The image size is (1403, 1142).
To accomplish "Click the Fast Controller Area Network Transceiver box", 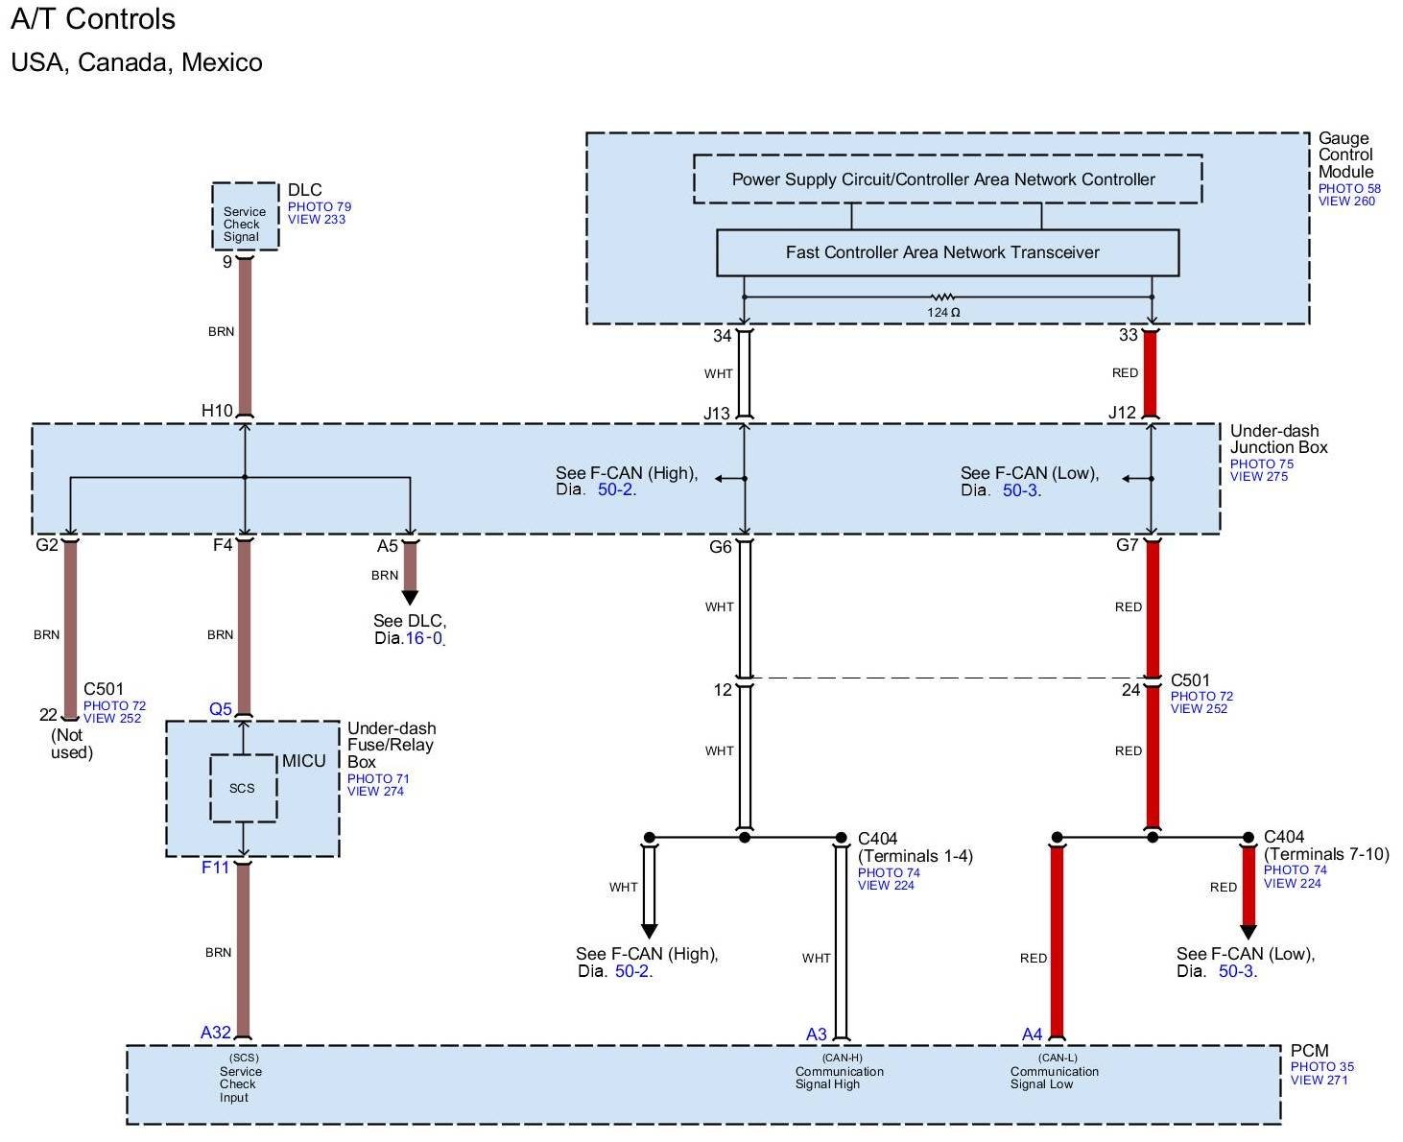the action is [x=946, y=252].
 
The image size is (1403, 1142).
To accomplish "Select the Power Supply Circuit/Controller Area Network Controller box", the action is [x=946, y=179].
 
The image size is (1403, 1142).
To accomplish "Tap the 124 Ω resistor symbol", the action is [x=942, y=297].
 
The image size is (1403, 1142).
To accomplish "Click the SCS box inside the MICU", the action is [x=243, y=788].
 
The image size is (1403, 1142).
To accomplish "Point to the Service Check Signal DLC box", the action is [x=245, y=217].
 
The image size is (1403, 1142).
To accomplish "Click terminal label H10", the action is [x=217, y=411].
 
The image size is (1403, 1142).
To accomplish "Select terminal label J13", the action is [x=717, y=414].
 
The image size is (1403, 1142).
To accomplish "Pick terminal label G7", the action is [x=1127, y=545].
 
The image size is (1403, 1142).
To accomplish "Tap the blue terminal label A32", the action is [x=215, y=1033].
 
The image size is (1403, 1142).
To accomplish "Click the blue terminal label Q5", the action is [x=220, y=709].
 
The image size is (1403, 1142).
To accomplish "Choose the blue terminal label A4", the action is [x=1032, y=1035].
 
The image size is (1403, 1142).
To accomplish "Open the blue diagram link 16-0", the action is [x=423, y=638].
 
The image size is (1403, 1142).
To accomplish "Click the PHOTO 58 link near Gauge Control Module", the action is [x=1349, y=188].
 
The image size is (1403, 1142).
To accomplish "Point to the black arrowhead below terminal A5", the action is [x=410, y=597].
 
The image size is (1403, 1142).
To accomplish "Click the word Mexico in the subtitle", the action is [x=222, y=62].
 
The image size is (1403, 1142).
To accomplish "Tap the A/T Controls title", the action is [x=93, y=19].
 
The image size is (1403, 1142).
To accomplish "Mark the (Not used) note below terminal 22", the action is [x=71, y=744].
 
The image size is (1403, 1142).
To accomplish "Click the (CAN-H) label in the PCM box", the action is [x=842, y=1058].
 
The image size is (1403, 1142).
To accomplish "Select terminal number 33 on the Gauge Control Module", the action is [x=1128, y=335].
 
